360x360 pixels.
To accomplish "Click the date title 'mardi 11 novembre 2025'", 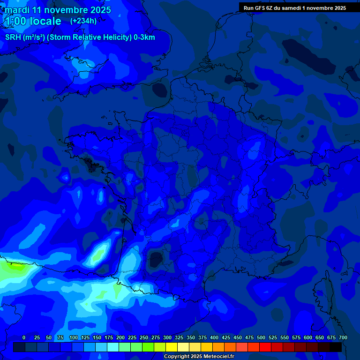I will pyautogui.click(x=58, y=10).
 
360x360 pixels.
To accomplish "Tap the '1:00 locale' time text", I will pyautogui.click(x=33, y=21).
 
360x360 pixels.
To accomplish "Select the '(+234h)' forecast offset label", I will pyautogui.click(x=83, y=21).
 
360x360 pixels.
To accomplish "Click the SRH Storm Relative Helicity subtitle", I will pyautogui.click(x=80, y=37).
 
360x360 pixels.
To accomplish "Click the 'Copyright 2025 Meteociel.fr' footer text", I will pyautogui.click(x=199, y=356).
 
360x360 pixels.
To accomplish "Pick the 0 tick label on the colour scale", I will pyautogui.click(x=24, y=337).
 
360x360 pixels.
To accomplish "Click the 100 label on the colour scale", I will pyautogui.click(x=74, y=337).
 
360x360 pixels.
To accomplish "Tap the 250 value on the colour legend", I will pyautogui.click(x=144, y=337).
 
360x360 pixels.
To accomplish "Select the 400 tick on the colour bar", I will pyautogui.click(x=214, y=337).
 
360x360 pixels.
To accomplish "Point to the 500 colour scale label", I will pyautogui.click(x=261, y=337).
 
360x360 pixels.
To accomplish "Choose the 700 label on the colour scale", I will pyautogui.click(x=343, y=337).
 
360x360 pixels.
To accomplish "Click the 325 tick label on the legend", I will pyautogui.click(x=179, y=337).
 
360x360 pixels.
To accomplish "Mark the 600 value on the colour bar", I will pyautogui.click(x=308, y=337).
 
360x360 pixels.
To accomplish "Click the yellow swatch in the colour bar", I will pyautogui.click(x=172, y=347).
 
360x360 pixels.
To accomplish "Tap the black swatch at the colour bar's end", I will pyautogui.click(x=336, y=347).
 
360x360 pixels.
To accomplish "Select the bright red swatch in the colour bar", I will pyautogui.click(x=265, y=347).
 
